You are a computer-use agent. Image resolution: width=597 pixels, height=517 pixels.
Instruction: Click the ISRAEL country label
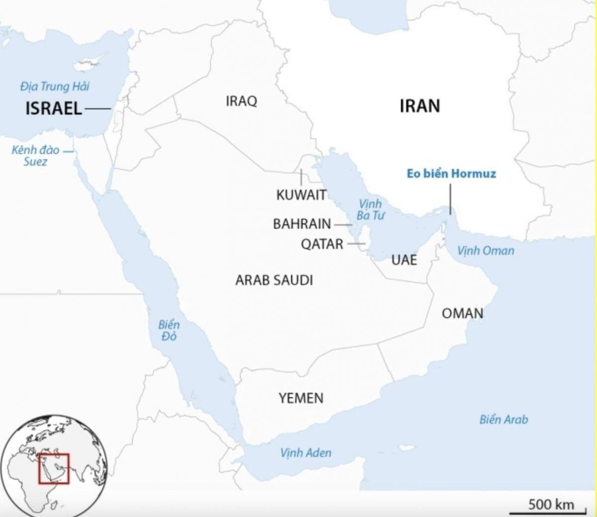pyautogui.click(x=54, y=108)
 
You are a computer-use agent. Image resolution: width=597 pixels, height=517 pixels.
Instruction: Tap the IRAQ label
pyautogui.click(x=241, y=101)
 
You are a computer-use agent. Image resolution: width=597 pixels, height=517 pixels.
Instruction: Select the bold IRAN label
pyautogui.click(x=419, y=106)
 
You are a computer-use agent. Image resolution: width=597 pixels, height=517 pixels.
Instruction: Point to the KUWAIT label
pyautogui.click(x=301, y=195)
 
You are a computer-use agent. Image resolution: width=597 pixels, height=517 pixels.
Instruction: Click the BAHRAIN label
pyautogui.click(x=301, y=224)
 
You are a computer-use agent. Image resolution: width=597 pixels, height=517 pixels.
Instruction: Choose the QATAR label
pyautogui.click(x=322, y=244)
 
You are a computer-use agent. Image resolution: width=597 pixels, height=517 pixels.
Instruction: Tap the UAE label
pyautogui.click(x=404, y=259)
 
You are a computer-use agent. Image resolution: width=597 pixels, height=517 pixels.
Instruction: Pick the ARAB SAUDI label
pyautogui.click(x=274, y=280)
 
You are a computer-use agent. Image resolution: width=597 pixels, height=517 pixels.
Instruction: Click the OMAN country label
pyautogui.click(x=462, y=313)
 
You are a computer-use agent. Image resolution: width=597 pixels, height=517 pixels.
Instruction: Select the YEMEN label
pyautogui.click(x=301, y=398)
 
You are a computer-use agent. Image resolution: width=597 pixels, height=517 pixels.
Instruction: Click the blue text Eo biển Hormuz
pyautogui.click(x=451, y=173)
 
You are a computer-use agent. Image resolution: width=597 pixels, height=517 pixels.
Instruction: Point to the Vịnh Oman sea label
pyautogui.click(x=485, y=250)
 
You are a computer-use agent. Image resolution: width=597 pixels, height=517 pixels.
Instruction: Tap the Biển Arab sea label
pyautogui.click(x=503, y=419)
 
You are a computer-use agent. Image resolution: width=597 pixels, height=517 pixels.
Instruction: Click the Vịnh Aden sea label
pyautogui.click(x=305, y=452)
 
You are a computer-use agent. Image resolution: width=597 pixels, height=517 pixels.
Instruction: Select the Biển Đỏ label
pyautogui.click(x=169, y=331)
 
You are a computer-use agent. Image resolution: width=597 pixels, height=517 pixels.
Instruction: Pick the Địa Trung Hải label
pyautogui.click(x=55, y=86)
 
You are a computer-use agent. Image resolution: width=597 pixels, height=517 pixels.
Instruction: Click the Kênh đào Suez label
pyautogui.click(x=35, y=156)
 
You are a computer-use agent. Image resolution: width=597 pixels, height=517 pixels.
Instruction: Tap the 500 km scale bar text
pyautogui.click(x=551, y=505)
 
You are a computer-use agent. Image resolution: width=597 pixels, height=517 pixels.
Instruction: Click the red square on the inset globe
pyautogui.click(x=54, y=468)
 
